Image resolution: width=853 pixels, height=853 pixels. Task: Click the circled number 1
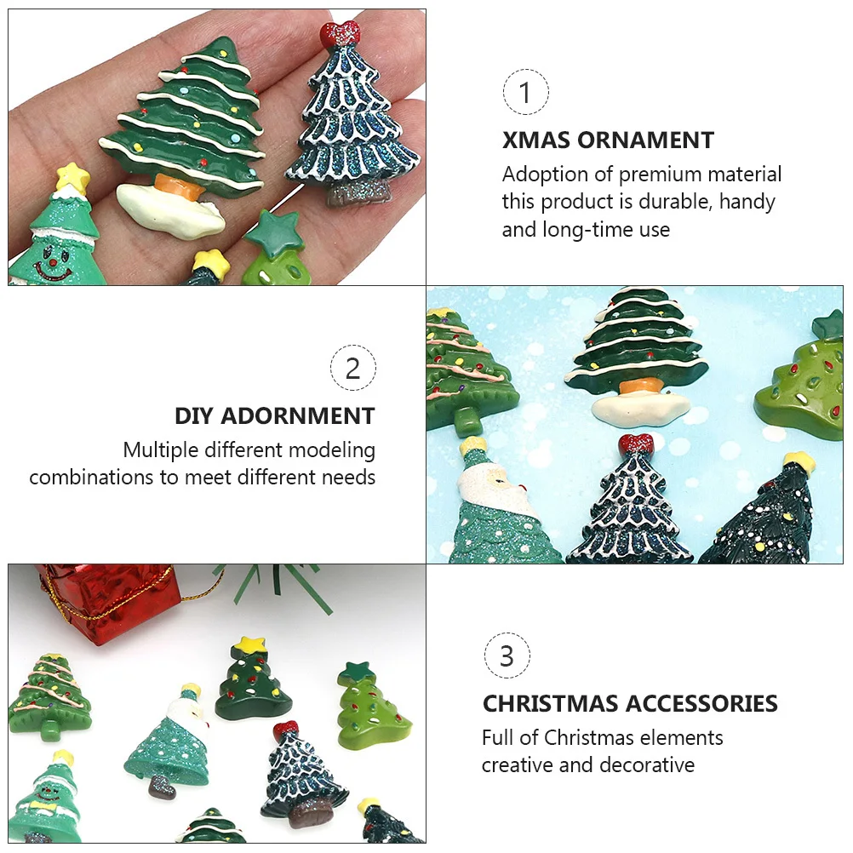pyautogui.click(x=525, y=92)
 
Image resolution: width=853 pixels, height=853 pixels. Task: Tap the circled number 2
pyautogui.click(x=352, y=368)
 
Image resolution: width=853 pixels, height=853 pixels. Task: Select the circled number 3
pyautogui.click(x=507, y=655)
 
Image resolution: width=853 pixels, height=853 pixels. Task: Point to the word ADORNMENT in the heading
pyautogui.click(x=298, y=416)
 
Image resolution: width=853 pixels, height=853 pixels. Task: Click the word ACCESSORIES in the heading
pyautogui.click(x=701, y=704)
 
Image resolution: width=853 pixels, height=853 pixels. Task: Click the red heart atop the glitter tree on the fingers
pyautogui.click(x=340, y=34)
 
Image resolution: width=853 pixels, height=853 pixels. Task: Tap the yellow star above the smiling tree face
pyautogui.click(x=72, y=177)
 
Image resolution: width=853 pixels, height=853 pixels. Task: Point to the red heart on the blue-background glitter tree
pyautogui.click(x=636, y=444)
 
